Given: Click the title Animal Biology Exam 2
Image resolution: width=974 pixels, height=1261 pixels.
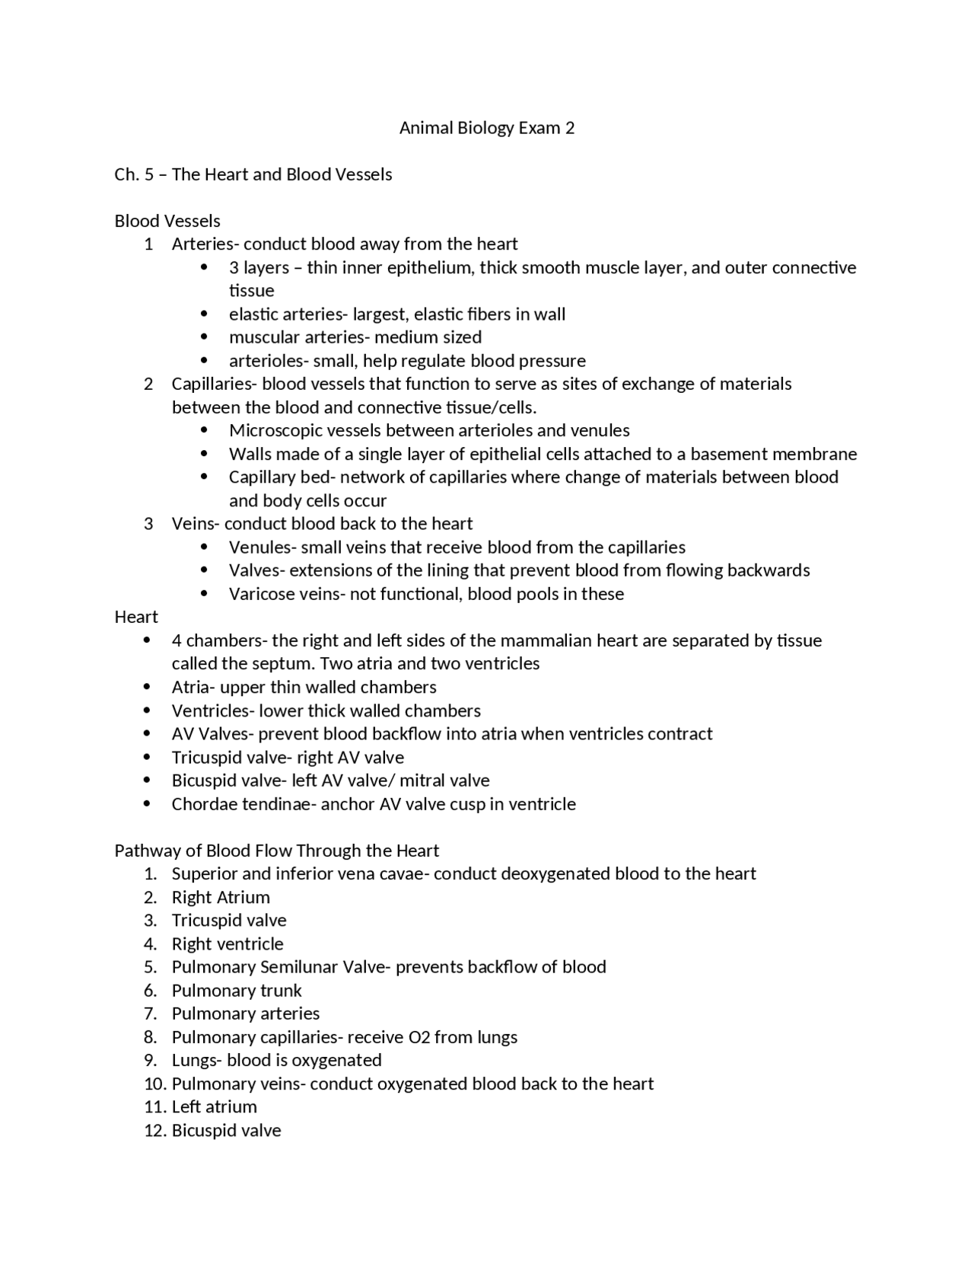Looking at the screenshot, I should (487, 128).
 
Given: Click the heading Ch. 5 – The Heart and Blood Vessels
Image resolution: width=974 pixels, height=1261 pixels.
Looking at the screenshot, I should (253, 174).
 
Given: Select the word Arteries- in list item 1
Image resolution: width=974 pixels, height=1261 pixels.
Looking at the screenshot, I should (205, 244).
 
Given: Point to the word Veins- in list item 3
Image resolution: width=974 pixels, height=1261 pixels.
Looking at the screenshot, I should (196, 524).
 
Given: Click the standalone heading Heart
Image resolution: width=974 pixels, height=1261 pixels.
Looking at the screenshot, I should (136, 617).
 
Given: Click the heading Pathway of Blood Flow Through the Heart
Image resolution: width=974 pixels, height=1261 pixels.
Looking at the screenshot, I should (277, 851).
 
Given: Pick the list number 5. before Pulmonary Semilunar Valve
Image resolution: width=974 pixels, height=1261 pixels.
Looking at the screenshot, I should (150, 967).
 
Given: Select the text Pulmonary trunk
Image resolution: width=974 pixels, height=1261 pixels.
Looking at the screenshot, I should (237, 991).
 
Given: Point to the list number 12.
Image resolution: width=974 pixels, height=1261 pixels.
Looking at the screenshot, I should (154, 1131).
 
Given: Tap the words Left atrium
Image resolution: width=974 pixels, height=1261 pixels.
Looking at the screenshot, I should (215, 1107).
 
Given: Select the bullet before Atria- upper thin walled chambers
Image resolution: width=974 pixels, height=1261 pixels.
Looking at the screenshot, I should (147, 687).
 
